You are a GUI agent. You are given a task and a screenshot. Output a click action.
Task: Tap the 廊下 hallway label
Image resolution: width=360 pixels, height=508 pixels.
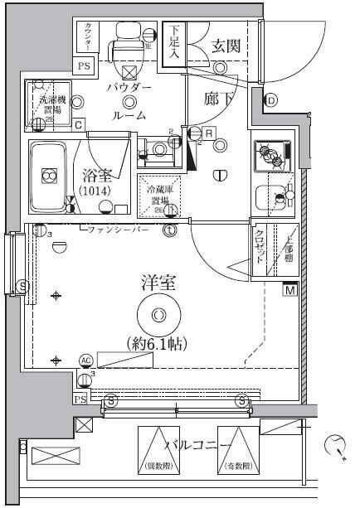point(222,98)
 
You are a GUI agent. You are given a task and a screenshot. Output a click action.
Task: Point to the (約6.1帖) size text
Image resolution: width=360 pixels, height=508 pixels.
point(157,341)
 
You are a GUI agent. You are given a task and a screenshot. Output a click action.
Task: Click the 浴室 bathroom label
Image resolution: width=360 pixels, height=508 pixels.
point(99,176)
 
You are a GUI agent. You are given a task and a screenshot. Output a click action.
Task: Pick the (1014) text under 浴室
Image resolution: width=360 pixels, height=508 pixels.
point(99,192)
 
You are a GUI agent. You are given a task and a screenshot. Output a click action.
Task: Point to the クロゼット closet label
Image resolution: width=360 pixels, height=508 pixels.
point(260,246)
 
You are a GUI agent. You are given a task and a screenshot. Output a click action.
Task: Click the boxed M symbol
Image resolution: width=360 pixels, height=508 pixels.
point(290,290)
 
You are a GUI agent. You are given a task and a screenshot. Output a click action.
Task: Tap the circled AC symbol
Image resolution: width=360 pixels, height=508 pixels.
point(85,360)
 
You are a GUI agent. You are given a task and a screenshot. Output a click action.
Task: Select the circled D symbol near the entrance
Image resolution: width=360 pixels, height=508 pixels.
point(271,101)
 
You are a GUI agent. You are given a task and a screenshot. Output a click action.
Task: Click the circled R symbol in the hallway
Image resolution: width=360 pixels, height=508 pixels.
point(209,132)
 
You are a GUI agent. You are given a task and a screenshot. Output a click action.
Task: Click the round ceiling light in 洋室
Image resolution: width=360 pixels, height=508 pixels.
point(158,314)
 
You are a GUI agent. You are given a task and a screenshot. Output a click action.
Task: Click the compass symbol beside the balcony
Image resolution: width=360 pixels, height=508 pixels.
point(336,444)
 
